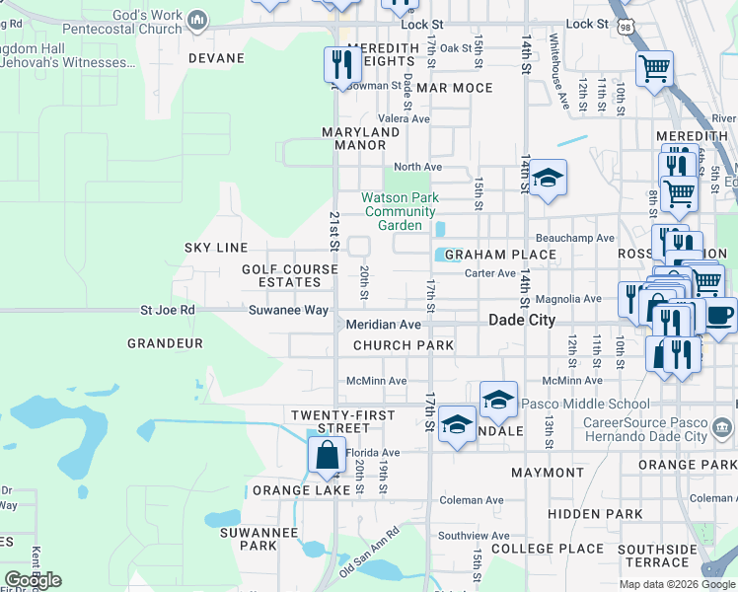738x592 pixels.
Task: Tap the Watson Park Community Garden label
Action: [400, 211]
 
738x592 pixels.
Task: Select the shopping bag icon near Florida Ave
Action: [327, 456]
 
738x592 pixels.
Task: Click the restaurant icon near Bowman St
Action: [341, 66]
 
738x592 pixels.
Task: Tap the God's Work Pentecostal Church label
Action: [133, 22]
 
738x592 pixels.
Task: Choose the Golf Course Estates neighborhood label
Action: [282, 275]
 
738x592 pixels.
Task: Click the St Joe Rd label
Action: [168, 310]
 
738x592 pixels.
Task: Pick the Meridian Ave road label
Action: [384, 325]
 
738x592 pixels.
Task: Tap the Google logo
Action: [33, 580]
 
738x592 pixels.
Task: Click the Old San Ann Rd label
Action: [370, 554]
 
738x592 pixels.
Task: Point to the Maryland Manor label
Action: [360, 138]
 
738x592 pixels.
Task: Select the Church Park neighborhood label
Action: [404, 345]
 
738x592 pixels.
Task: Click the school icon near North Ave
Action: [548, 179]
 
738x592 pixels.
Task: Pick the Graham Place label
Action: [500, 255]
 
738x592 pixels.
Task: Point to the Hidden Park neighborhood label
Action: [595, 514]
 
